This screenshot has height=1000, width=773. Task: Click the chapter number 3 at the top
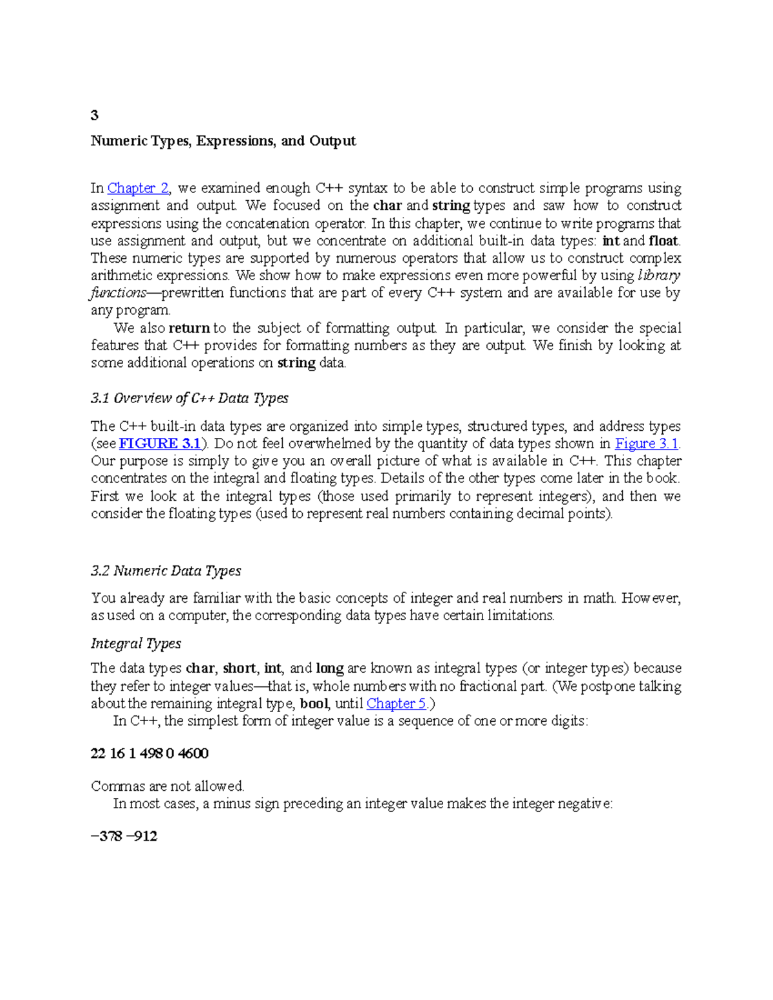click(95, 115)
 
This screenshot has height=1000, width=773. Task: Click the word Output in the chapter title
click(332, 141)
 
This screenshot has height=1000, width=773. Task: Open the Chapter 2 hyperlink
click(138, 188)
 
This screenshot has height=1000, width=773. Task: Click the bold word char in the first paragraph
click(388, 205)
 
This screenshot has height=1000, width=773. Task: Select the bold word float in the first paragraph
click(663, 241)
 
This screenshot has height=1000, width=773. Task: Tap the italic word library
click(659, 276)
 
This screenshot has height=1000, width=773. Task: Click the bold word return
click(189, 328)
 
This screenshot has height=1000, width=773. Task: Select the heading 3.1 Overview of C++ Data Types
click(189, 398)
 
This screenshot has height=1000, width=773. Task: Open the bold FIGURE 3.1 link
click(160, 444)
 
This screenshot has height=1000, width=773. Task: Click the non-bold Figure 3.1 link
click(647, 444)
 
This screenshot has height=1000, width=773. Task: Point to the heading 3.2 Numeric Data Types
click(166, 571)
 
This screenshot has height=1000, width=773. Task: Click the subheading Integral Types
click(136, 643)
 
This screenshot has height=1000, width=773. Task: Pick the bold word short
click(240, 668)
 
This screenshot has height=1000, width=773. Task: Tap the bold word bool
click(315, 703)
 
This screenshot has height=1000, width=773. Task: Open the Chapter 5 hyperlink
click(396, 703)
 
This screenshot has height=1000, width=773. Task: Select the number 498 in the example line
click(151, 753)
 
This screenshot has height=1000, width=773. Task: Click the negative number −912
click(142, 836)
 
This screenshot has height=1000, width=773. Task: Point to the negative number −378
click(107, 836)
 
